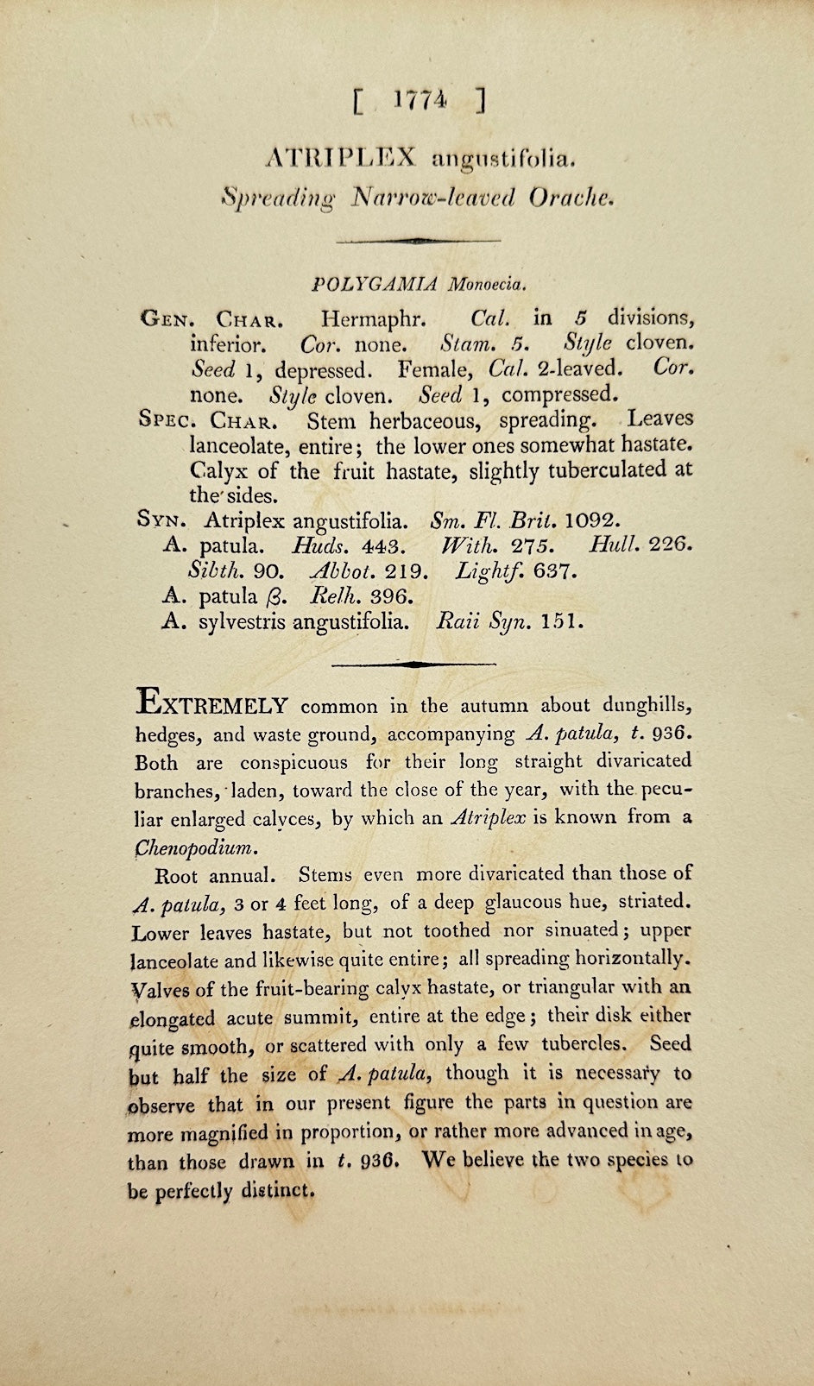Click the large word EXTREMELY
211,703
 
